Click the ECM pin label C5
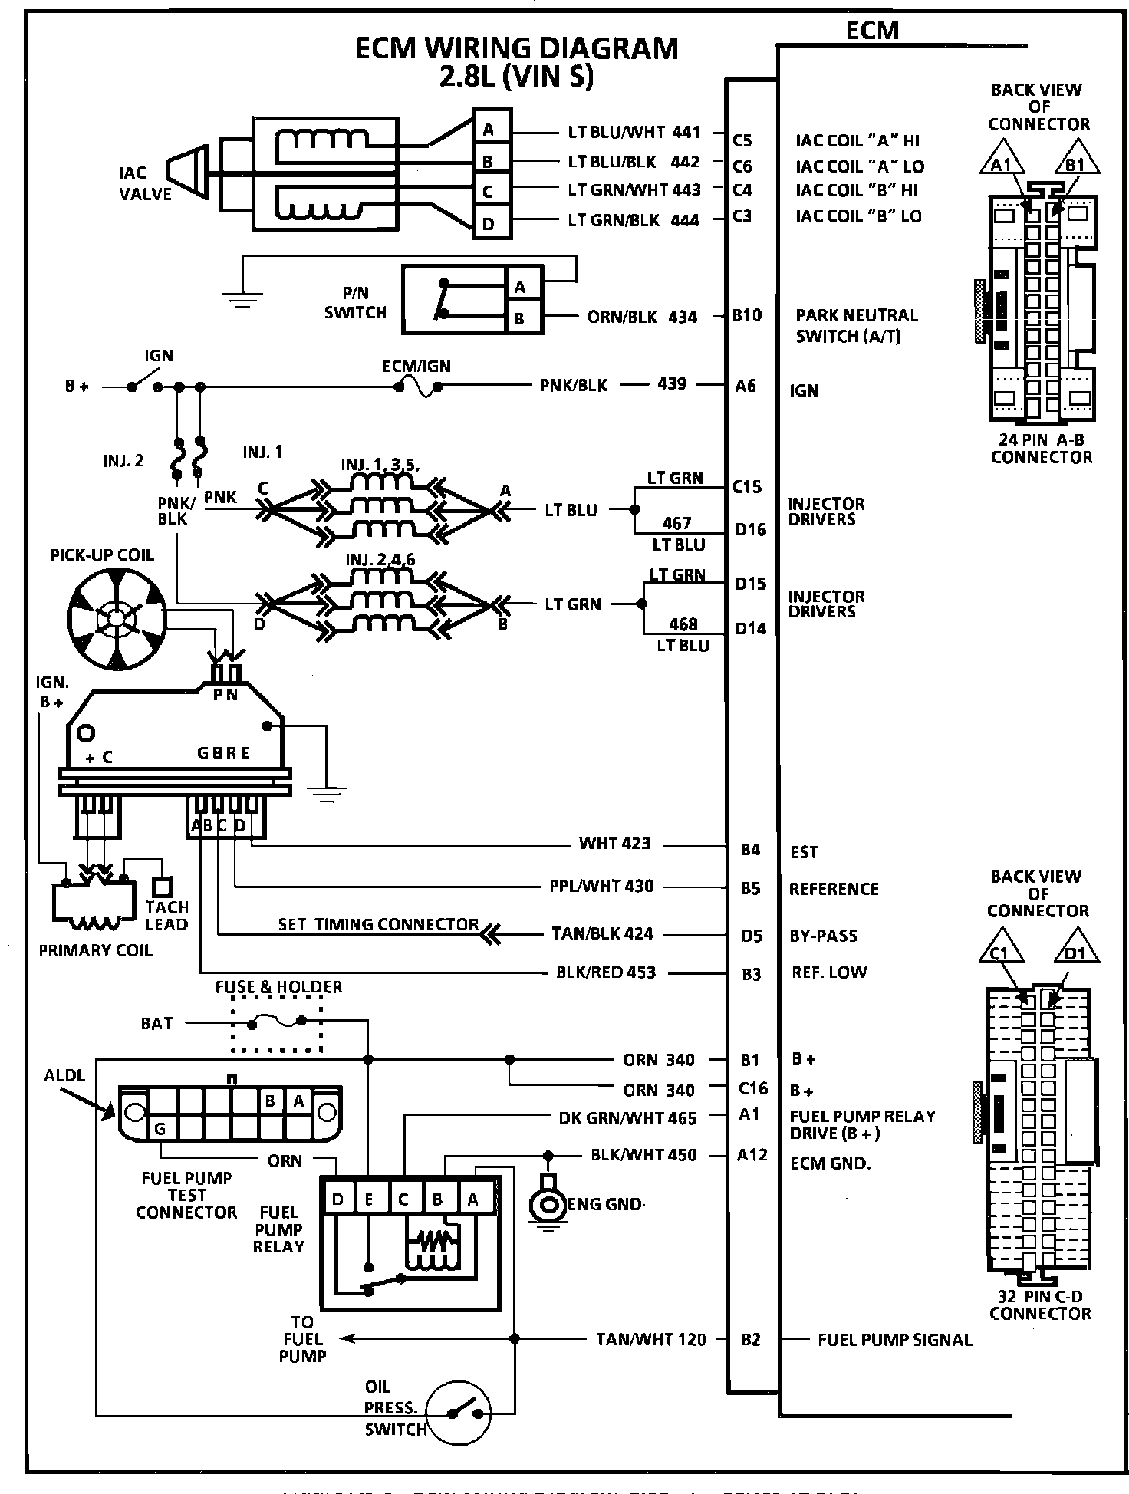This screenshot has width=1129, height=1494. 742,140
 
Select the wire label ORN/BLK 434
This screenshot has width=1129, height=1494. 642,316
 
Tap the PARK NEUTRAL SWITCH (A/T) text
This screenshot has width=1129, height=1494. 856,325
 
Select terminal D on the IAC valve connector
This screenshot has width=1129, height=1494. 489,225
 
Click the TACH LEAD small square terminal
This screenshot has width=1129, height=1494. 160,887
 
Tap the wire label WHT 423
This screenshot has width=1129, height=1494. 614,844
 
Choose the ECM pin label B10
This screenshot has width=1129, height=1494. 746,315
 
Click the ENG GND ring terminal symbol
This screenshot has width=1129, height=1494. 548,1203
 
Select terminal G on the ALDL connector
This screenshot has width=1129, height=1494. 160,1129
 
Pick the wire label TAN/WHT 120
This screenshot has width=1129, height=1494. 650,1339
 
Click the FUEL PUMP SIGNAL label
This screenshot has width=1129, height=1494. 894,1340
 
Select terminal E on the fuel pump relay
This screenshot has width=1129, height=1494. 369,1199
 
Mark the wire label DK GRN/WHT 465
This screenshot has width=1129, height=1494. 627,1118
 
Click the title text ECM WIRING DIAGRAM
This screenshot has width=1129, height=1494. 517,48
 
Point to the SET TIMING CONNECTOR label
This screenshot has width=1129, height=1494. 378,925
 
